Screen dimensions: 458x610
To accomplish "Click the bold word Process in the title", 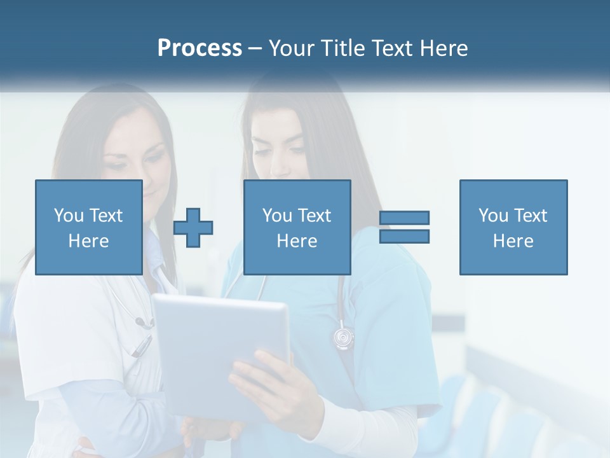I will [200, 48].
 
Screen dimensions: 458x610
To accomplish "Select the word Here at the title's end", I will [444, 48].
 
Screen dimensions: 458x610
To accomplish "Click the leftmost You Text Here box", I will [89, 227].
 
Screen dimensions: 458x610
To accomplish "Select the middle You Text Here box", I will [297, 227].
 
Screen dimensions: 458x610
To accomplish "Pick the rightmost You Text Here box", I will [513, 227].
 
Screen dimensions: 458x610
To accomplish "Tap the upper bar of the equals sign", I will [404, 218].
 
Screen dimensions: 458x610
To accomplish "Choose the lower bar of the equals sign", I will [404, 236].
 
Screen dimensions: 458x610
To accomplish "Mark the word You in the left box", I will [69, 215].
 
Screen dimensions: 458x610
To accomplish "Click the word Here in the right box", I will [513, 240].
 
